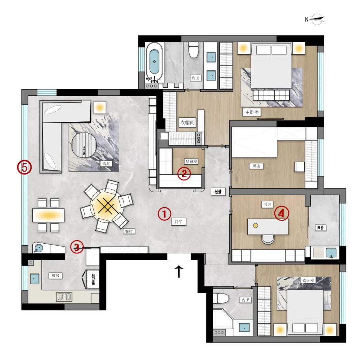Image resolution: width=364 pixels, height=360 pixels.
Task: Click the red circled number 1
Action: [x=164, y=214]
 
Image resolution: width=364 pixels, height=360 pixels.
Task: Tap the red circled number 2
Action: [x=184, y=174]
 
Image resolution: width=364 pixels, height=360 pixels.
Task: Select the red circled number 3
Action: [x=77, y=248]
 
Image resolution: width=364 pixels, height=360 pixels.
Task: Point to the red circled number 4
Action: [x=282, y=213]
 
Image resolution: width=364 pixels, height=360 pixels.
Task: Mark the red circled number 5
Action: [x=25, y=167]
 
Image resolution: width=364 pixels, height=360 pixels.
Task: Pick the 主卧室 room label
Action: [x=251, y=112]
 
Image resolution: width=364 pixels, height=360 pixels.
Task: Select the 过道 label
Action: [x=218, y=192]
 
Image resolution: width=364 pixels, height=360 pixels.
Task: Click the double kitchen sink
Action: [x=64, y=297]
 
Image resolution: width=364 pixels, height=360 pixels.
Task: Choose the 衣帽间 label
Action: [x=187, y=123]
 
